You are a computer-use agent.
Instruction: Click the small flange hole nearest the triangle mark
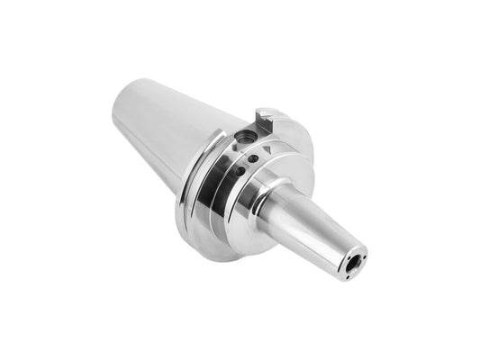point(255,158)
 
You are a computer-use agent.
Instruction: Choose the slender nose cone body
point(311,225)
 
